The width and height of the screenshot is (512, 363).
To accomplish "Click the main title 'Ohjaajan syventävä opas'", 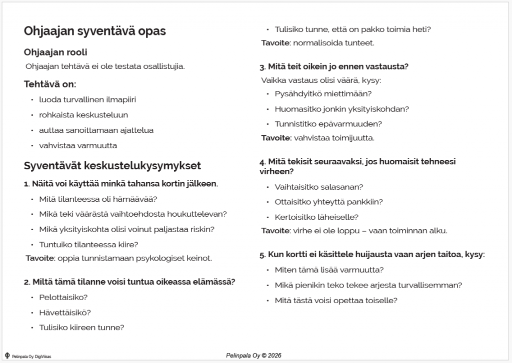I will (x=95, y=31).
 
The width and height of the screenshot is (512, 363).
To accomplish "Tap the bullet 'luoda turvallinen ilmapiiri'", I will (x=87, y=99).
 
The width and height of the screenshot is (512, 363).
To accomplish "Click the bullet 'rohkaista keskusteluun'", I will (x=83, y=115).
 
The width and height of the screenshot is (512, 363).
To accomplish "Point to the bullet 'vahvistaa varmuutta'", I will (x=78, y=145).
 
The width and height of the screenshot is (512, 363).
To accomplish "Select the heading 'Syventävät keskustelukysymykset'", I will (x=112, y=165).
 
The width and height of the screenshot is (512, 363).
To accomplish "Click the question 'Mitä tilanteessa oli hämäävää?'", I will (x=98, y=199).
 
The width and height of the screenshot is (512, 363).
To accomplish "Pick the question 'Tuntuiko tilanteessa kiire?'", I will (x=88, y=244).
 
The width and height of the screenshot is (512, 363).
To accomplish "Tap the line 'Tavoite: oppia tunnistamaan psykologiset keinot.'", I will (x=119, y=258).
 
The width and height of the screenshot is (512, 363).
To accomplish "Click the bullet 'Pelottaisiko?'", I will (x=63, y=297).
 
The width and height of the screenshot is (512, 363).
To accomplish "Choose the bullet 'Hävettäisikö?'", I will (x=65, y=313).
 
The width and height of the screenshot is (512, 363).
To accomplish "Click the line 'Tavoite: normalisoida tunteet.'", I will (x=317, y=43).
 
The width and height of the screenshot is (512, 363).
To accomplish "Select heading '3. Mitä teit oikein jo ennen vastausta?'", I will (x=333, y=66).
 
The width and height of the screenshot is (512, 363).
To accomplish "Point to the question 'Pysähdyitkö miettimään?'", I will (x=323, y=93).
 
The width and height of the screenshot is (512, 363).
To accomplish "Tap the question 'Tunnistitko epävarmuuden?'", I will (x=328, y=124).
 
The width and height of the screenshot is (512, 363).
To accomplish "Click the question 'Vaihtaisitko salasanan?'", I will (x=319, y=187).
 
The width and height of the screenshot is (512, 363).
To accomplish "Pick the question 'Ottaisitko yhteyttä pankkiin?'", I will (x=329, y=202).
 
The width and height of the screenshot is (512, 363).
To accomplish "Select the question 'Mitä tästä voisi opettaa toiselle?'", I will (x=336, y=300).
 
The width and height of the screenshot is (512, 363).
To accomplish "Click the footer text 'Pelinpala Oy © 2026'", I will (x=254, y=356).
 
